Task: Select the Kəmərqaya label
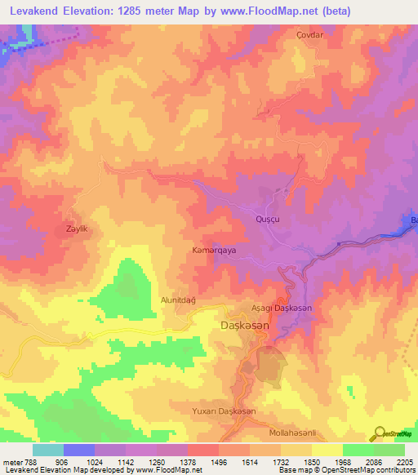coord(214,251)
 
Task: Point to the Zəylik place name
coord(76,229)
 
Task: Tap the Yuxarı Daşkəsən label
coord(224,411)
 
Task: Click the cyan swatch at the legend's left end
coord(47,450)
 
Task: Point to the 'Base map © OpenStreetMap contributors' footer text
coord(346,471)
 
